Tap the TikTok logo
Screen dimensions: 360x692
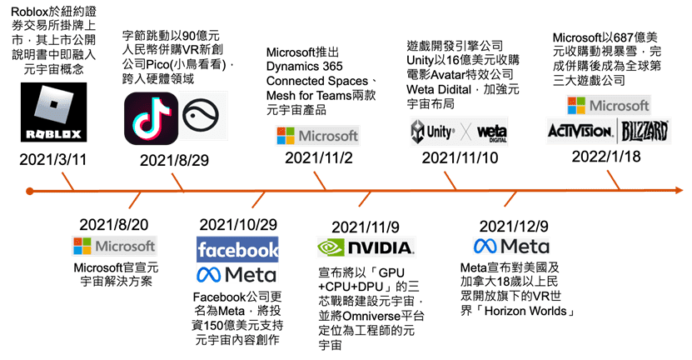click(149, 117)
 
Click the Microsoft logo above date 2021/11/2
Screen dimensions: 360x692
click(317, 136)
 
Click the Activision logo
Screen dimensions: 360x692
click(580, 130)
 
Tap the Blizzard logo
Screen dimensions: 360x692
click(645, 130)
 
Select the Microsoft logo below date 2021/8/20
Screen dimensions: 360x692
click(114, 246)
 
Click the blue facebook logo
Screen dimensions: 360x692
click(237, 249)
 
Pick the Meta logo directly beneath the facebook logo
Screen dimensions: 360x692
click(237, 274)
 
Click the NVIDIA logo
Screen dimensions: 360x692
click(365, 247)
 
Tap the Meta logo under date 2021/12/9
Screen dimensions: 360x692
click(511, 247)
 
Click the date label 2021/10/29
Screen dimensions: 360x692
click(238, 225)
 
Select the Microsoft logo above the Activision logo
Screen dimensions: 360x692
click(608, 106)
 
